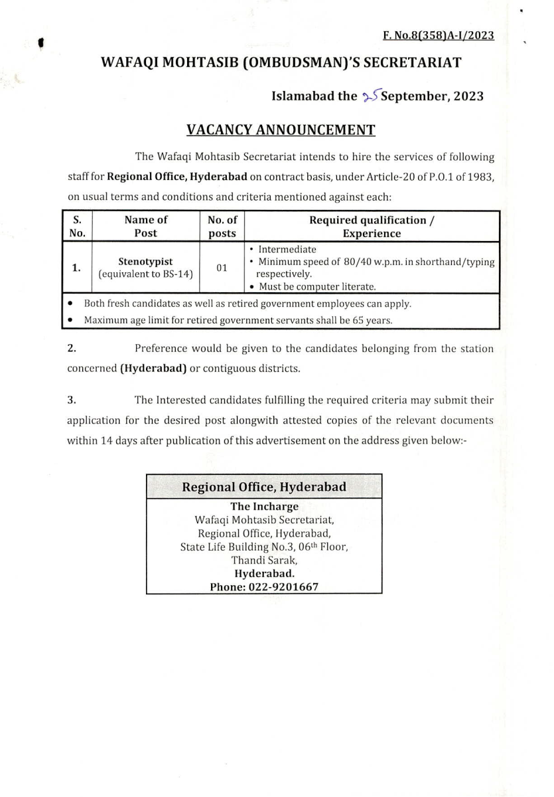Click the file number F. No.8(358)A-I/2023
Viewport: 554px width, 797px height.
coord(439,36)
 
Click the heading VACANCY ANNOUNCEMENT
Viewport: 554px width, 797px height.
coord(281,130)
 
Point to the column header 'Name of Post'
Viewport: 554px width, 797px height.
coord(145,226)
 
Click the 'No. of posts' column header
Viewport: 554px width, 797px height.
coord(222,226)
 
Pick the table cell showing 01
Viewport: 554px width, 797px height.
coord(222,268)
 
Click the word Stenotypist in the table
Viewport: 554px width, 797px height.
coord(145,262)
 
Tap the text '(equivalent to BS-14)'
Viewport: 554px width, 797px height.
coord(145,274)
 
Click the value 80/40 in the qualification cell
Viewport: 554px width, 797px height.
coord(358,262)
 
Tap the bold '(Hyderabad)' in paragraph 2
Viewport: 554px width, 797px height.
coord(153,369)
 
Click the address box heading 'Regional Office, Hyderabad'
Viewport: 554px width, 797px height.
coord(264,487)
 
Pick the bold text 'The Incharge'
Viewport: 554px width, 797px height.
coord(264,507)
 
